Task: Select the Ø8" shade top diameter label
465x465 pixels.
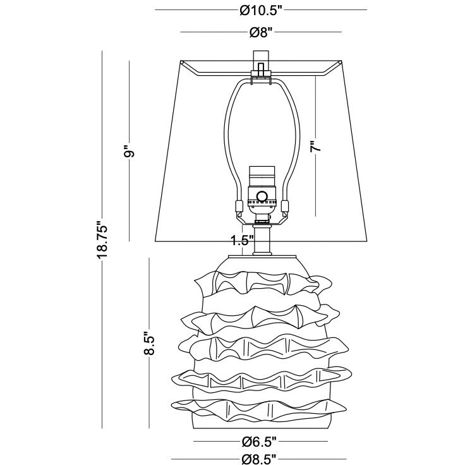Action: coord(261,32)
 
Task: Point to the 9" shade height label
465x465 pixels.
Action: coord(130,151)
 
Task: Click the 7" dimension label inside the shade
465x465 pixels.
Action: coord(316,145)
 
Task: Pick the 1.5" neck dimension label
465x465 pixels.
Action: coord(242,240)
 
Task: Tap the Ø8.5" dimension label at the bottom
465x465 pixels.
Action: coord(258,458)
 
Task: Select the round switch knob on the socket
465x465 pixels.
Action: coord(262,196)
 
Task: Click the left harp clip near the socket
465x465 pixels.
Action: coord(238,206)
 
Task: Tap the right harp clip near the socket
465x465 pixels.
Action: coord(284,206)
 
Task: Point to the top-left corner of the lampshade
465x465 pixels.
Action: coord(179,62)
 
